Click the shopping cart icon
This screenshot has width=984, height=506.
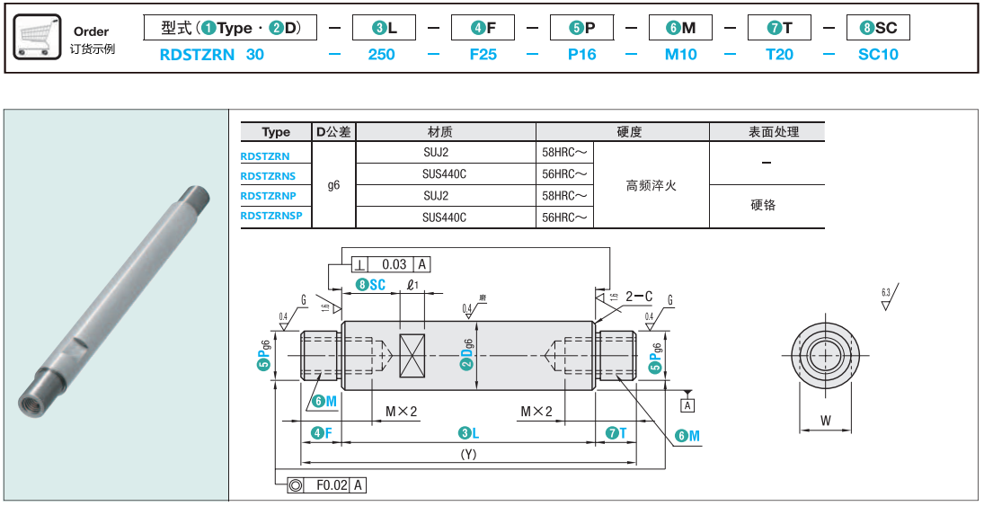[38, 38]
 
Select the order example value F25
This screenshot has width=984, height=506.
[483, 54]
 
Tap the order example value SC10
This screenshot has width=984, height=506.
[877, 54]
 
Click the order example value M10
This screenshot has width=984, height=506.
[680, 54]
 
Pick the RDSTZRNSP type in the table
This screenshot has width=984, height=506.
[271, 216]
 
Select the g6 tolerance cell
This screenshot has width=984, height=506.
[333, 185]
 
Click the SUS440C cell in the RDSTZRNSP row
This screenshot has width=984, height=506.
[445, 217]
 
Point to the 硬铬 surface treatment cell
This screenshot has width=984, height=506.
[762, 205]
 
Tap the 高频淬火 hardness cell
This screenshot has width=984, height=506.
[651, 185]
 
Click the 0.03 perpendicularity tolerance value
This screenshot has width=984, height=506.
[394, 264]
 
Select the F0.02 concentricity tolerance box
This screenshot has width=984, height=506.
[331, 485]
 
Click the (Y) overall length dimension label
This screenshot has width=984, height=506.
[467, 455]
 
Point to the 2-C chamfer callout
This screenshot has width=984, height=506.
[639, 295]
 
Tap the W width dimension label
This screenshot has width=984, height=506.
[825, 420]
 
